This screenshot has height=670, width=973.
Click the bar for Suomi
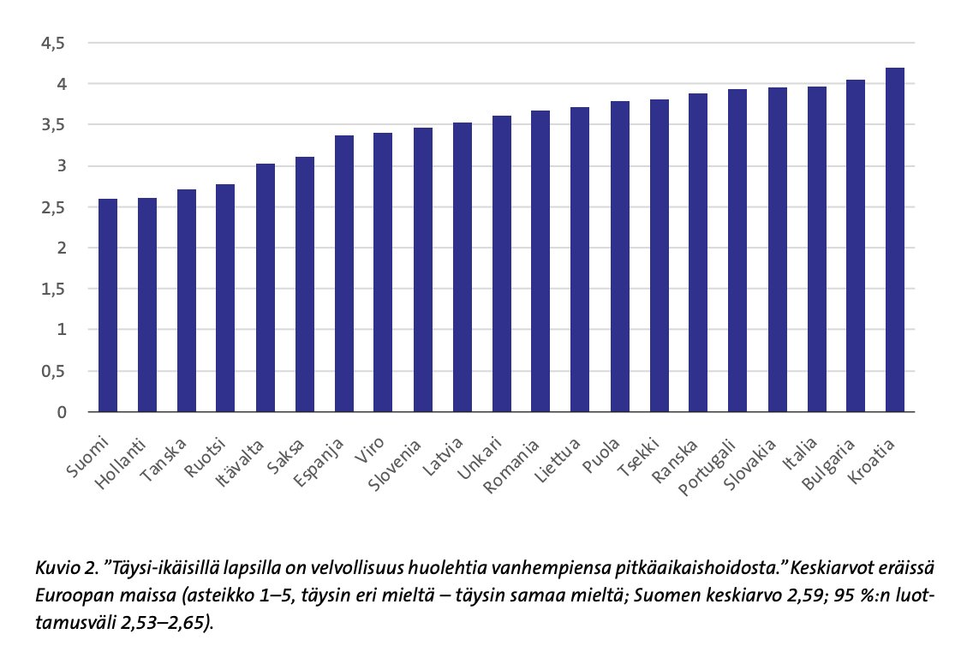point(108,306)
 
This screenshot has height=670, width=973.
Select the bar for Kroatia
point(895,240)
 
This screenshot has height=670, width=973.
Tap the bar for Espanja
point(344,274)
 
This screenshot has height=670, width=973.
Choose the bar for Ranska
point(698,253)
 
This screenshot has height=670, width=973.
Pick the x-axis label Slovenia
point(397,467)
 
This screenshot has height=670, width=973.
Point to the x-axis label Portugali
point(710,468)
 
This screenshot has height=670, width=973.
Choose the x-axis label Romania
point(514,468)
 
